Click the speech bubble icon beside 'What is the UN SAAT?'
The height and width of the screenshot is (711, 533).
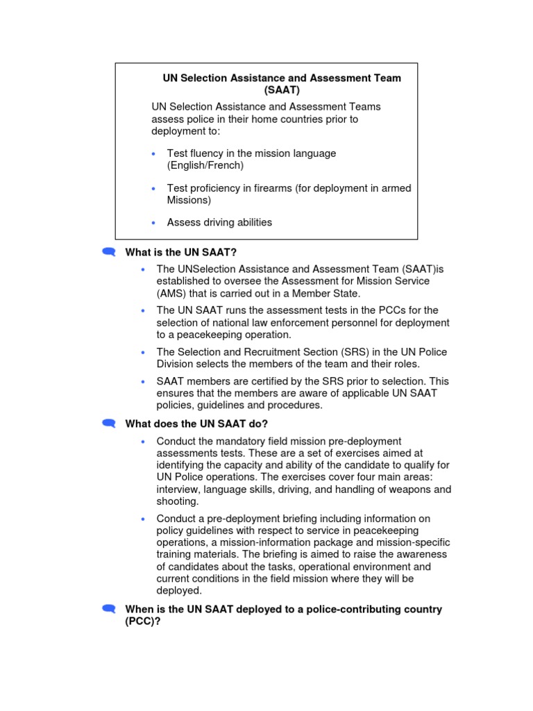click(x=108, y=252)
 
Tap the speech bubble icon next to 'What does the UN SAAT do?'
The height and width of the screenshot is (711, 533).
click(x=108, y=424)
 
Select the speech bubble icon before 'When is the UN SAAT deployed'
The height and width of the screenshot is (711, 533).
click(x=108, y=609)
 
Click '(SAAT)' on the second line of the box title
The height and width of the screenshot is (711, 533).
click(x=282, y=90)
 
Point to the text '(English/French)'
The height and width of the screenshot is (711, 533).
click(x=205, y=165)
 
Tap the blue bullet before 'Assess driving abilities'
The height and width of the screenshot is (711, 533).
click(x=153, y=223)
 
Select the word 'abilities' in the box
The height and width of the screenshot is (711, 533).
click(x=251, y=222)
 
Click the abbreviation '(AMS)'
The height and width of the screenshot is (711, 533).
click(x=171, y=293)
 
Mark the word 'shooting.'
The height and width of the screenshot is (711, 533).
click(x=178, y=501)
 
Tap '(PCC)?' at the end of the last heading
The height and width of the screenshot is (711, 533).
click(x=143, y=621)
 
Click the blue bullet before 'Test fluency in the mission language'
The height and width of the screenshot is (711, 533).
click(x=153, y=153)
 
